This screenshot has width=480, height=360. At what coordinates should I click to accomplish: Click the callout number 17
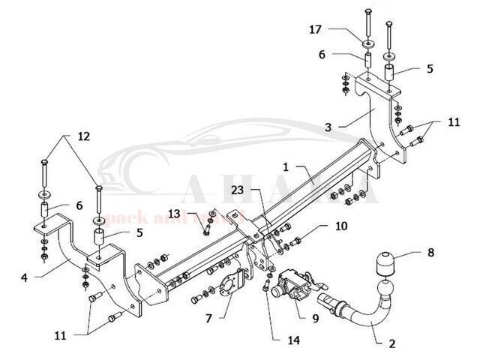pyautogui.click(x=316, y=31)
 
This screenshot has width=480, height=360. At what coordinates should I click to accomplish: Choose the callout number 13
pyautogui.click(x=175, y=214)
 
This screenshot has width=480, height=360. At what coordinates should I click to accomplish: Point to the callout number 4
pyautogui.click(x=24, y=277)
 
